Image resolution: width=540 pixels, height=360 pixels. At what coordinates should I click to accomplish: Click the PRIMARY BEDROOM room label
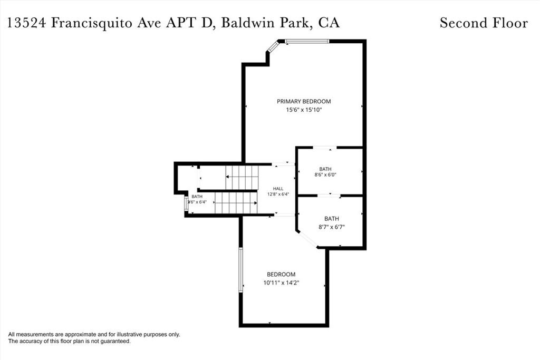[x=304, y=101]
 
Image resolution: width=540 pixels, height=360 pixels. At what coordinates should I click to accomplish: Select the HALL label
[x=278, y=189]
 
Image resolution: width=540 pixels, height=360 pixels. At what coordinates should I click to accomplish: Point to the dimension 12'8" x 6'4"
[x=278, y=194]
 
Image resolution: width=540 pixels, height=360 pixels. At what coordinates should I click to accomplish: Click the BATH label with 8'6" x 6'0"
[x=325, y=169]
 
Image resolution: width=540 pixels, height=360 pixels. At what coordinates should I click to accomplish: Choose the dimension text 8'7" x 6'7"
[x=332, y=227]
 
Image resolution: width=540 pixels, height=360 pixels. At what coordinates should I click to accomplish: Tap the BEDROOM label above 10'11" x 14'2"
[x=281, y=274]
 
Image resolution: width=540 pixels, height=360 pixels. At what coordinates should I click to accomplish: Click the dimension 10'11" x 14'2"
[x=281, y=283]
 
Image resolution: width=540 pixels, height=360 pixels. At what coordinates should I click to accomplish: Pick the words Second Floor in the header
[x=484, y=23]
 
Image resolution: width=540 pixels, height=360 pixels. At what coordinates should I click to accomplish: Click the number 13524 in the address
[x=26, y=23]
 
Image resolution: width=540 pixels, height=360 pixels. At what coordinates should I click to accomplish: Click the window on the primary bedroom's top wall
[x=307, y=41]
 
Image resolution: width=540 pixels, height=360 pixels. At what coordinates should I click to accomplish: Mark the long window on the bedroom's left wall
[x=241, y=270]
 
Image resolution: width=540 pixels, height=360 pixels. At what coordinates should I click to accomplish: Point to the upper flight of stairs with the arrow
[x=242, y=177]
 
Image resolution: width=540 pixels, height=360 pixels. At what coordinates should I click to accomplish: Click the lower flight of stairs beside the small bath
[x=236, y=203]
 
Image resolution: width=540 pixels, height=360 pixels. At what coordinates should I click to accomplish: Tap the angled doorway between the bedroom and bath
[x=307, y=239]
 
